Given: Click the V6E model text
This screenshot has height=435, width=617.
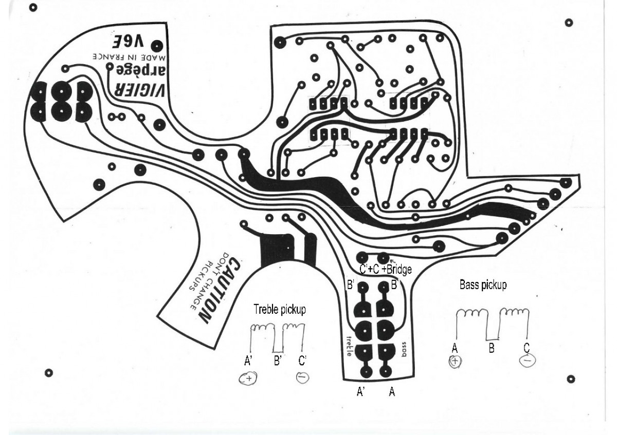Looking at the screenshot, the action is pos(128,42).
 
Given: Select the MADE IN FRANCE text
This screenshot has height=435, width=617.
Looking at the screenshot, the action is pos(129,57).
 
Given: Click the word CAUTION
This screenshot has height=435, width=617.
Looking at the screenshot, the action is pos(219,291).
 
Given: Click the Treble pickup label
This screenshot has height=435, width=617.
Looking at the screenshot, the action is pos(280,309).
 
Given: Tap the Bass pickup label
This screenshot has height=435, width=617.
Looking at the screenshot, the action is pos(483,285).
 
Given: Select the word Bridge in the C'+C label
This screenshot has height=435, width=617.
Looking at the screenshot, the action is pos(399,269).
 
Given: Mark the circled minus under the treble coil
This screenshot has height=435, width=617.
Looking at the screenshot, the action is pos(302,377).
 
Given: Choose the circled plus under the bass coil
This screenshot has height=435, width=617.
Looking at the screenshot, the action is pos(455,361).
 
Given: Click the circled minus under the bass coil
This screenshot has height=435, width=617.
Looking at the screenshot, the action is pos(527,360).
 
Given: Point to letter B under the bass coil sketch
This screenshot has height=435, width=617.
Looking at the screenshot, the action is pos(492,348).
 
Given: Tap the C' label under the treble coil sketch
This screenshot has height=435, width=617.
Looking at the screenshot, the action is pos(302,361).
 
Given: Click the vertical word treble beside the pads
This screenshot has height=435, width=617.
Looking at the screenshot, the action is pos(349,347).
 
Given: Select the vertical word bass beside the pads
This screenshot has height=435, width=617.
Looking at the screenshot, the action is pos(404,349).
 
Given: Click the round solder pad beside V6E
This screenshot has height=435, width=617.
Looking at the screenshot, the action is pos(157,46).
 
